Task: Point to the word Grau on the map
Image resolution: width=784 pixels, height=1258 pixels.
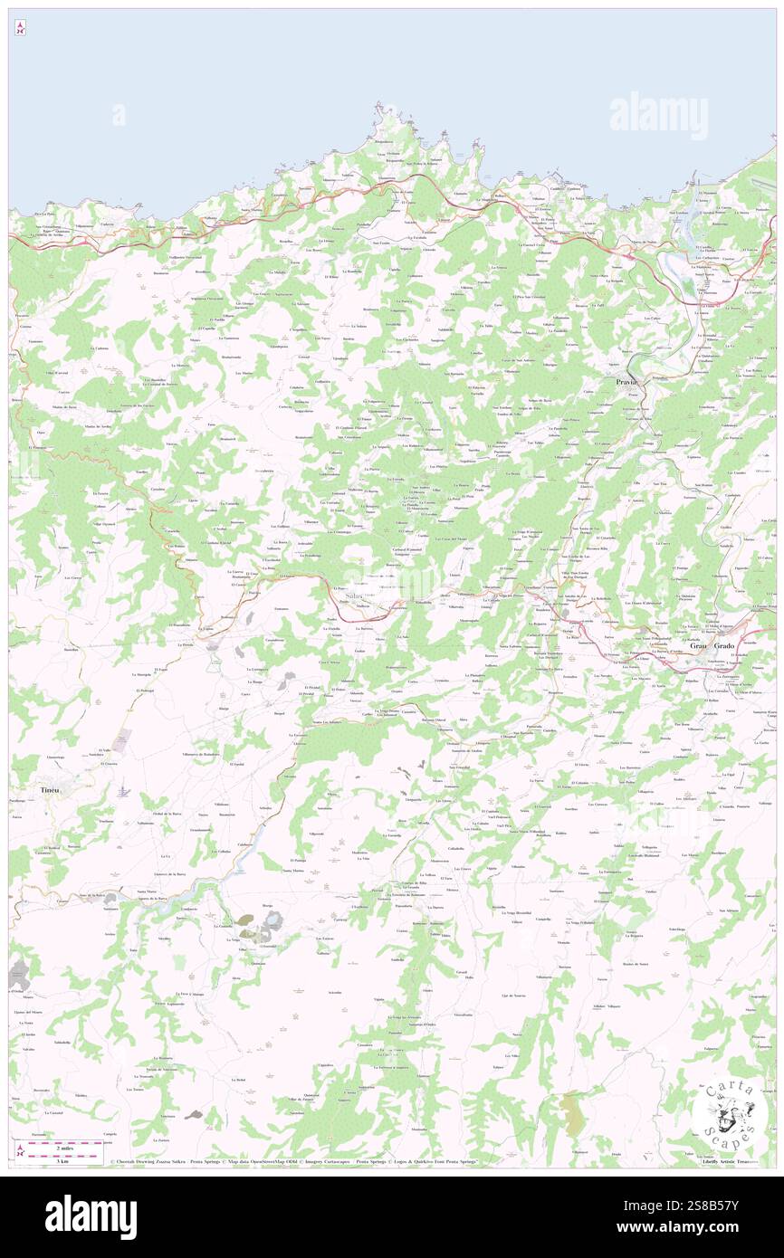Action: click(697, 647)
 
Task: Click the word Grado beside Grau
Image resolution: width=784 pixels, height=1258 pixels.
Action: click(725, 647)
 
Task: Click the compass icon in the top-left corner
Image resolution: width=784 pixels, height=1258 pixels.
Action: click(20, 29)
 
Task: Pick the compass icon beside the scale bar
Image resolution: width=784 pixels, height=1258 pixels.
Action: click(20, 1151)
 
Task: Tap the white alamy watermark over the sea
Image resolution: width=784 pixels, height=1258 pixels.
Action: click(658, 116)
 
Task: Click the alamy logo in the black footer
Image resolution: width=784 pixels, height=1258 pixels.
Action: click(91, 1217)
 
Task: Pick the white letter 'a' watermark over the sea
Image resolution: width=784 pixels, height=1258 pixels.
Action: click(119, 115)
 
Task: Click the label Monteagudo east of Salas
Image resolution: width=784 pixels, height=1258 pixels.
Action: click(469, 620)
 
